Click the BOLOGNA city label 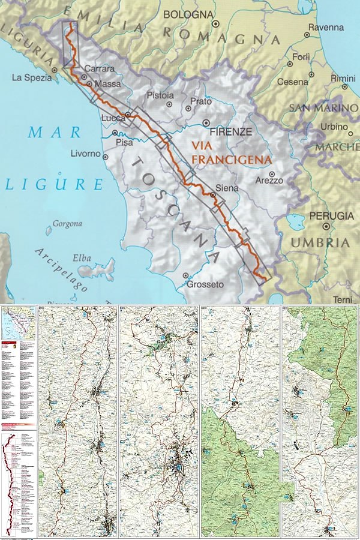(188, 14)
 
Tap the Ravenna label (326, 28)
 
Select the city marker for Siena (212, 194)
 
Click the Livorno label (86, 154)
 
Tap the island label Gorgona (67, 224)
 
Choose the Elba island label (82, 258)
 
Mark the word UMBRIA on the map (320, 242)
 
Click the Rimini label (343, 79)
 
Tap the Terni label (344, 299)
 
